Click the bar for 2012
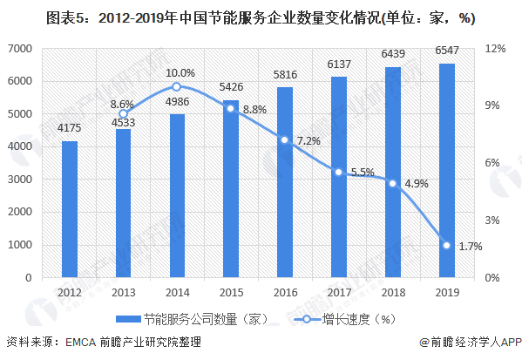69,209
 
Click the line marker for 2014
177,86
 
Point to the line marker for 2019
446,245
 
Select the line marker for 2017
338,173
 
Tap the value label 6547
446,51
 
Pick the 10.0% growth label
180,72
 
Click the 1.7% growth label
470,247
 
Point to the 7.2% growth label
308,140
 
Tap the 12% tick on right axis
495,48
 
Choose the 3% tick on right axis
492,220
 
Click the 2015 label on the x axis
230,292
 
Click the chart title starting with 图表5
261,19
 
